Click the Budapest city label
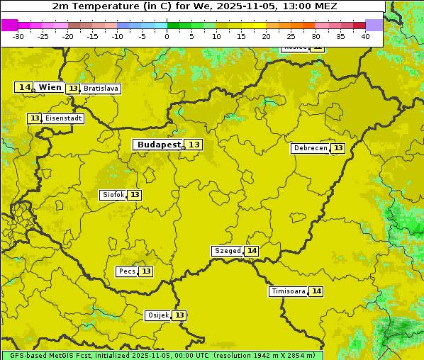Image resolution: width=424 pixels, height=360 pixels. point(159,145)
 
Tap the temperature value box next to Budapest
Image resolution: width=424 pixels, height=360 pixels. point(194,145)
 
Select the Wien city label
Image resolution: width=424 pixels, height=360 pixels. point(50,87)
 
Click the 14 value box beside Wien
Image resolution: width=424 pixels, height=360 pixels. point(24,87)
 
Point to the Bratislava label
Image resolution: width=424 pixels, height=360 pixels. point(100,89)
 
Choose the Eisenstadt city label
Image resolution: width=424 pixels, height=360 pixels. point(64,118)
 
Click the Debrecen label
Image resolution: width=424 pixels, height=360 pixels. point(310,148)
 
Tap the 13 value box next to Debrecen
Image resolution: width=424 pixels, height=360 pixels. point(338,148)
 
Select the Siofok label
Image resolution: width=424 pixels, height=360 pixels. point(113,195)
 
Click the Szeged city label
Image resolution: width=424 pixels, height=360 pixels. point(227,251)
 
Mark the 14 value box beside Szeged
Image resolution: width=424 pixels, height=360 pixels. point(252,251)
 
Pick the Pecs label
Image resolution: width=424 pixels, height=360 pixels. point(127,271)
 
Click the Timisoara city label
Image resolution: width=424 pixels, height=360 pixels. point(288,291)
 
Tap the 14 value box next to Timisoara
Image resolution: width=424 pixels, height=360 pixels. point(316,291)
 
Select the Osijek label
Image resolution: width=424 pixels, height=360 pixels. point(157,315)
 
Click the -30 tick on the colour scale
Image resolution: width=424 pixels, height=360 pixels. point(18,36)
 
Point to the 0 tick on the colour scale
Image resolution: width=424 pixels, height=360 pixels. point(167,36)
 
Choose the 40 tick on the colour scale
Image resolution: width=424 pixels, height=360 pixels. point(365,36)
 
